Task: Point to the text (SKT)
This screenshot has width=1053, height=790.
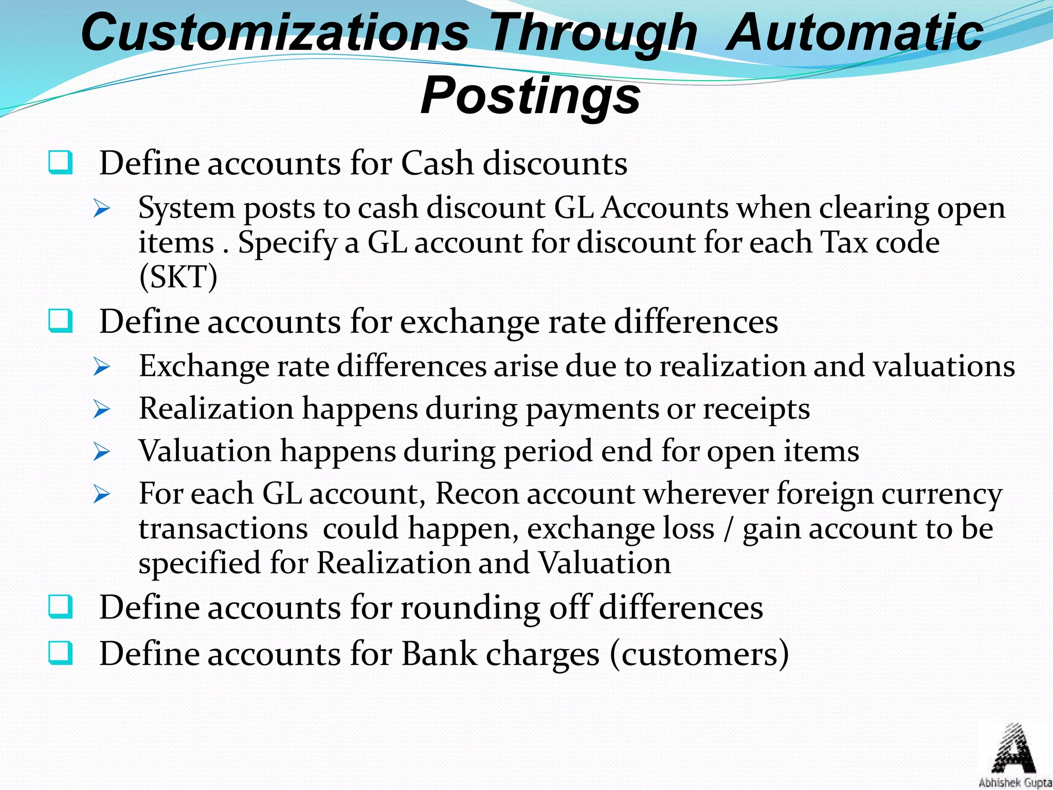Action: pos(178,277)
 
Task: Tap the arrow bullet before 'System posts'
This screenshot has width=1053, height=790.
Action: pos(102,209)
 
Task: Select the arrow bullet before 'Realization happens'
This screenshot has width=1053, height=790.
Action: pos(102,409)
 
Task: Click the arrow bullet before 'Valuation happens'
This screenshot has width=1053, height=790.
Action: pos(102,452)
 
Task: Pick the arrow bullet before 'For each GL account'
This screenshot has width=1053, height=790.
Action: pos(102,494)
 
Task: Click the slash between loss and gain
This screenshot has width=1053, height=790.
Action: pos(728,529)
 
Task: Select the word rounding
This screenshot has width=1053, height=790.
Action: pos(470,608)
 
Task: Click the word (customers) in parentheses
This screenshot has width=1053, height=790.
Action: pos(699,654)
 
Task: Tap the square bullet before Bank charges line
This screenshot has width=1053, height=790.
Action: pos(60,653)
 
